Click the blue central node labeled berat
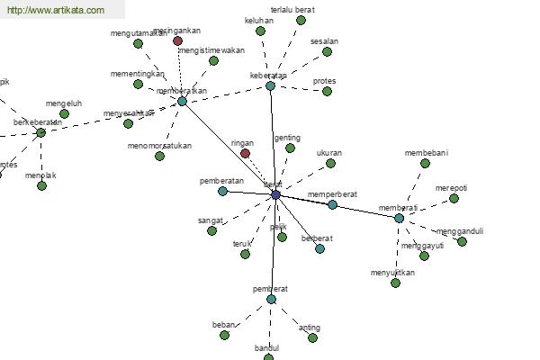[275, 194]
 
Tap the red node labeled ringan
[245, 154]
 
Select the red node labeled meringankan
[177, 40]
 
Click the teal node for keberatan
[270, 86]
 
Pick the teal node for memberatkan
[182, 101]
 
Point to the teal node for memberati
[399, 218]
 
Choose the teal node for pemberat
[271, 299]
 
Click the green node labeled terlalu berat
[301, 20]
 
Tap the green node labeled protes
[328, 91]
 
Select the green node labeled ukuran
[330, 163]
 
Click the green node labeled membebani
[427, 163]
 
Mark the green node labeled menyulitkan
[395, 283]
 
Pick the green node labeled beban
[224, 335]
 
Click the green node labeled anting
[313, 337]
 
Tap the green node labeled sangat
[211, 230]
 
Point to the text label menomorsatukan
[159, 145]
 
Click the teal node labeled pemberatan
[222, 191]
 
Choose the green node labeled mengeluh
[64, 113]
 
